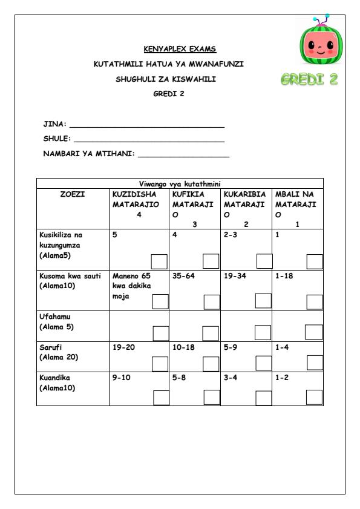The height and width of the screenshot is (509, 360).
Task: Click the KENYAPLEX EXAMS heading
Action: coord(180,49)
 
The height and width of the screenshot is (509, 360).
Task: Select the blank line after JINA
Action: coord(147,126)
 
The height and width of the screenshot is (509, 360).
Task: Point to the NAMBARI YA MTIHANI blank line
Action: coord(184,157)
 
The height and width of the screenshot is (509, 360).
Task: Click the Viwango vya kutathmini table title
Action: coord(180,183)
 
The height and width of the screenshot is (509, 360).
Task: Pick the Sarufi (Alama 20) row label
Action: coord(58,353)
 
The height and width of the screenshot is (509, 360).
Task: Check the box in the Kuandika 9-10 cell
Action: coord(162,397)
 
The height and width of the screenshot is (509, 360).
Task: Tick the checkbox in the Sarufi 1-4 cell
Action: coord(315,363)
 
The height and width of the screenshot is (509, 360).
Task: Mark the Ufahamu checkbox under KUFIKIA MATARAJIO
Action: coord(211,332)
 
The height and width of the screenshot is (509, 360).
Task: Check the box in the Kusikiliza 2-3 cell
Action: coord(264,261)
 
